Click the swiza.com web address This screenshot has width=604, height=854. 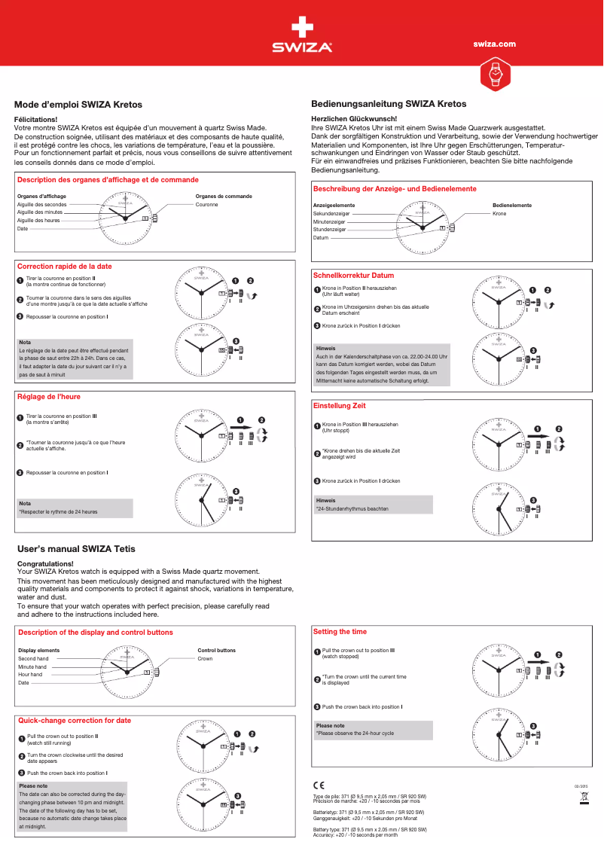click(x=494, y=44)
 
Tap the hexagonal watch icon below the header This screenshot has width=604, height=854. click(x=495, y=73)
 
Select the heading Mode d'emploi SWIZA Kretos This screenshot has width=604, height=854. click(x=79, y=105)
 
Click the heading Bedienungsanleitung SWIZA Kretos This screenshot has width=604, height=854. click(x=389, y=104)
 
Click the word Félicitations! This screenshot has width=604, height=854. click(x=36, y=120)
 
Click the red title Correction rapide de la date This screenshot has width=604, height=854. click(x=65, y=267)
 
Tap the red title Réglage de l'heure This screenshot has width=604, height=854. click(x=49, y=396)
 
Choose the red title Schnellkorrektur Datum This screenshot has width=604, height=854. click(x=353, y=276)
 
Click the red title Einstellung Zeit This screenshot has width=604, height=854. click(x=339, y=406)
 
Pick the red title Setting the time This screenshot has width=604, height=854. click(x=340, y=631)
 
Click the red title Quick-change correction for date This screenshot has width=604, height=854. click(x=75, y=720)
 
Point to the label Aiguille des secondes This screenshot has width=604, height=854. click(x=42, y=205)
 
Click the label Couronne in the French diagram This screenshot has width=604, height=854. click(x=207, y=205)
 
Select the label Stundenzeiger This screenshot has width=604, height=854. click(x=329, y=230)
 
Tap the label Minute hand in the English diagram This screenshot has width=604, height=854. click(x=32, y=666)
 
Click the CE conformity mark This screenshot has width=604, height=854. click(x=319, y=785)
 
